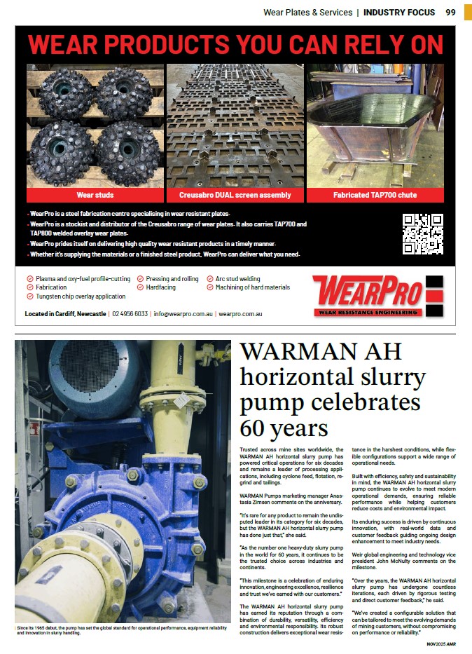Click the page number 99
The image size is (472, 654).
coord(450,12)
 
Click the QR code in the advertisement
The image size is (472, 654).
coord(423,234)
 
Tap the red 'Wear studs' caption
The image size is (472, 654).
coord(95,195)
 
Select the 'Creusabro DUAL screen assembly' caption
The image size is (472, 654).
coord(235,195)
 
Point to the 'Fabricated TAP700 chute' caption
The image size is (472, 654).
coord(375,195)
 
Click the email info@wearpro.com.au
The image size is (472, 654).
coord(183,314)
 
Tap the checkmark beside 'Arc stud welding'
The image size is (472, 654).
coord(210,279)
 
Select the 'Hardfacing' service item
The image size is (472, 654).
coord(160,287)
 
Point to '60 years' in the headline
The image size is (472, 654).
coord(284,427)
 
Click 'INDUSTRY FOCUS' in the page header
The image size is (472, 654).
coord(399,12)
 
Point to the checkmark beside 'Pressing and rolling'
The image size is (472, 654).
coord(140,279)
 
